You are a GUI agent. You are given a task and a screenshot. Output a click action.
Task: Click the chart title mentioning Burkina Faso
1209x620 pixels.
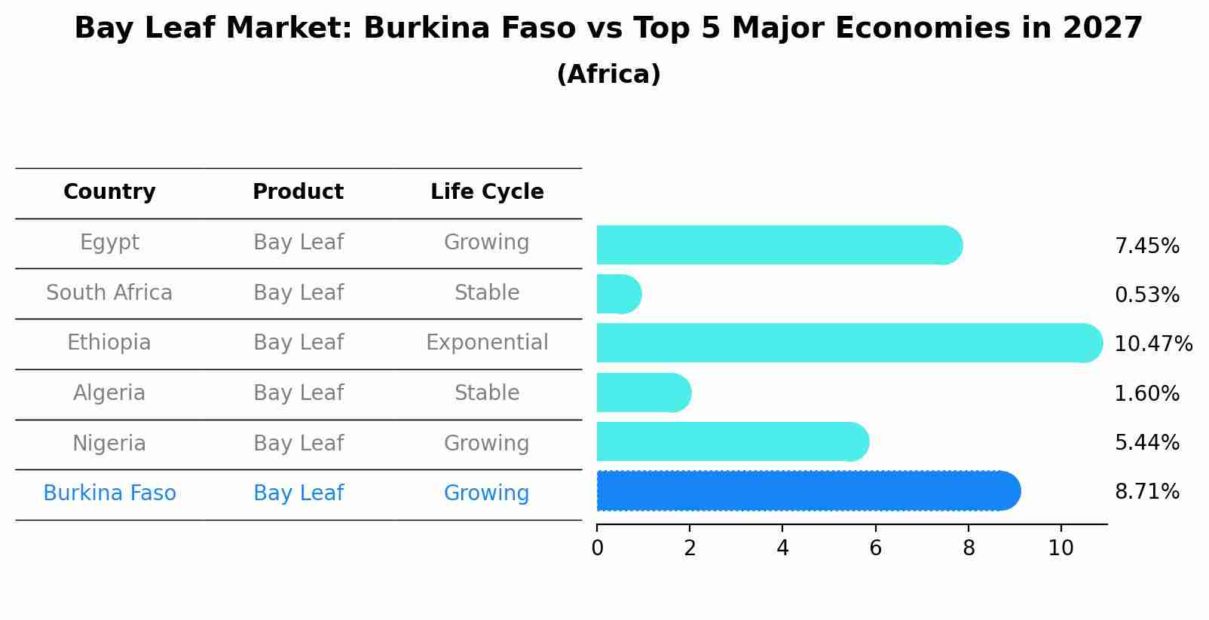(608, 29)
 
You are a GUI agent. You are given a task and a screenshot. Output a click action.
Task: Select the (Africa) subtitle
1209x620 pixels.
(608, 74)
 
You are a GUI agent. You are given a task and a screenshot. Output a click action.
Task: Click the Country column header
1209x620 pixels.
(109, 192)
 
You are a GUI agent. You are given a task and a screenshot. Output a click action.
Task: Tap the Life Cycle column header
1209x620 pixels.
(487, 192)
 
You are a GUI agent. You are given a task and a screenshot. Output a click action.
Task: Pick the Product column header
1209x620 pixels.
(298, 192)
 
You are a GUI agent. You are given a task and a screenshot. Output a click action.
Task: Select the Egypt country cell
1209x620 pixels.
(109, 243)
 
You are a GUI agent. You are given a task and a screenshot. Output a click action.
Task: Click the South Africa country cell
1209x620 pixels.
(109, 292)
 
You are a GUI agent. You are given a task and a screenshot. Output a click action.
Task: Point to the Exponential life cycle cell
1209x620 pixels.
(487, 343)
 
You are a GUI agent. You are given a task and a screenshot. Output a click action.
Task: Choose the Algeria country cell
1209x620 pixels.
(109, 393)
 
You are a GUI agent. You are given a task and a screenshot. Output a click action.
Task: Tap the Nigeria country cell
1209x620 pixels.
(109, 443)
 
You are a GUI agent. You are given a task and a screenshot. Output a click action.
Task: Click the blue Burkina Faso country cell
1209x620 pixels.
(109, 493)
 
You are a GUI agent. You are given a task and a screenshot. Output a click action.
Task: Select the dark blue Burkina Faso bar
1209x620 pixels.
(807, 491)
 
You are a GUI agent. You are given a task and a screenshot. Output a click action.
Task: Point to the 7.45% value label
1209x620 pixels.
(1146, 246)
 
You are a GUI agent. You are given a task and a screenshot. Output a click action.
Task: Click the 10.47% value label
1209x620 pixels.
(1153, 344)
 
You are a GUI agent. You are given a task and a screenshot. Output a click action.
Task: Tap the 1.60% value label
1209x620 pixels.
(1146, 393)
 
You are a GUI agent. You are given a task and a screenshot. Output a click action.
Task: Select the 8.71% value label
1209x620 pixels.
(1146, 492)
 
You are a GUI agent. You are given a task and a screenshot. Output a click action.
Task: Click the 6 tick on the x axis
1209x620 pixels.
(875, 548)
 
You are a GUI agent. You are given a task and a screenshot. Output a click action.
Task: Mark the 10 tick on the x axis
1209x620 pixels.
(1061, 548)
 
